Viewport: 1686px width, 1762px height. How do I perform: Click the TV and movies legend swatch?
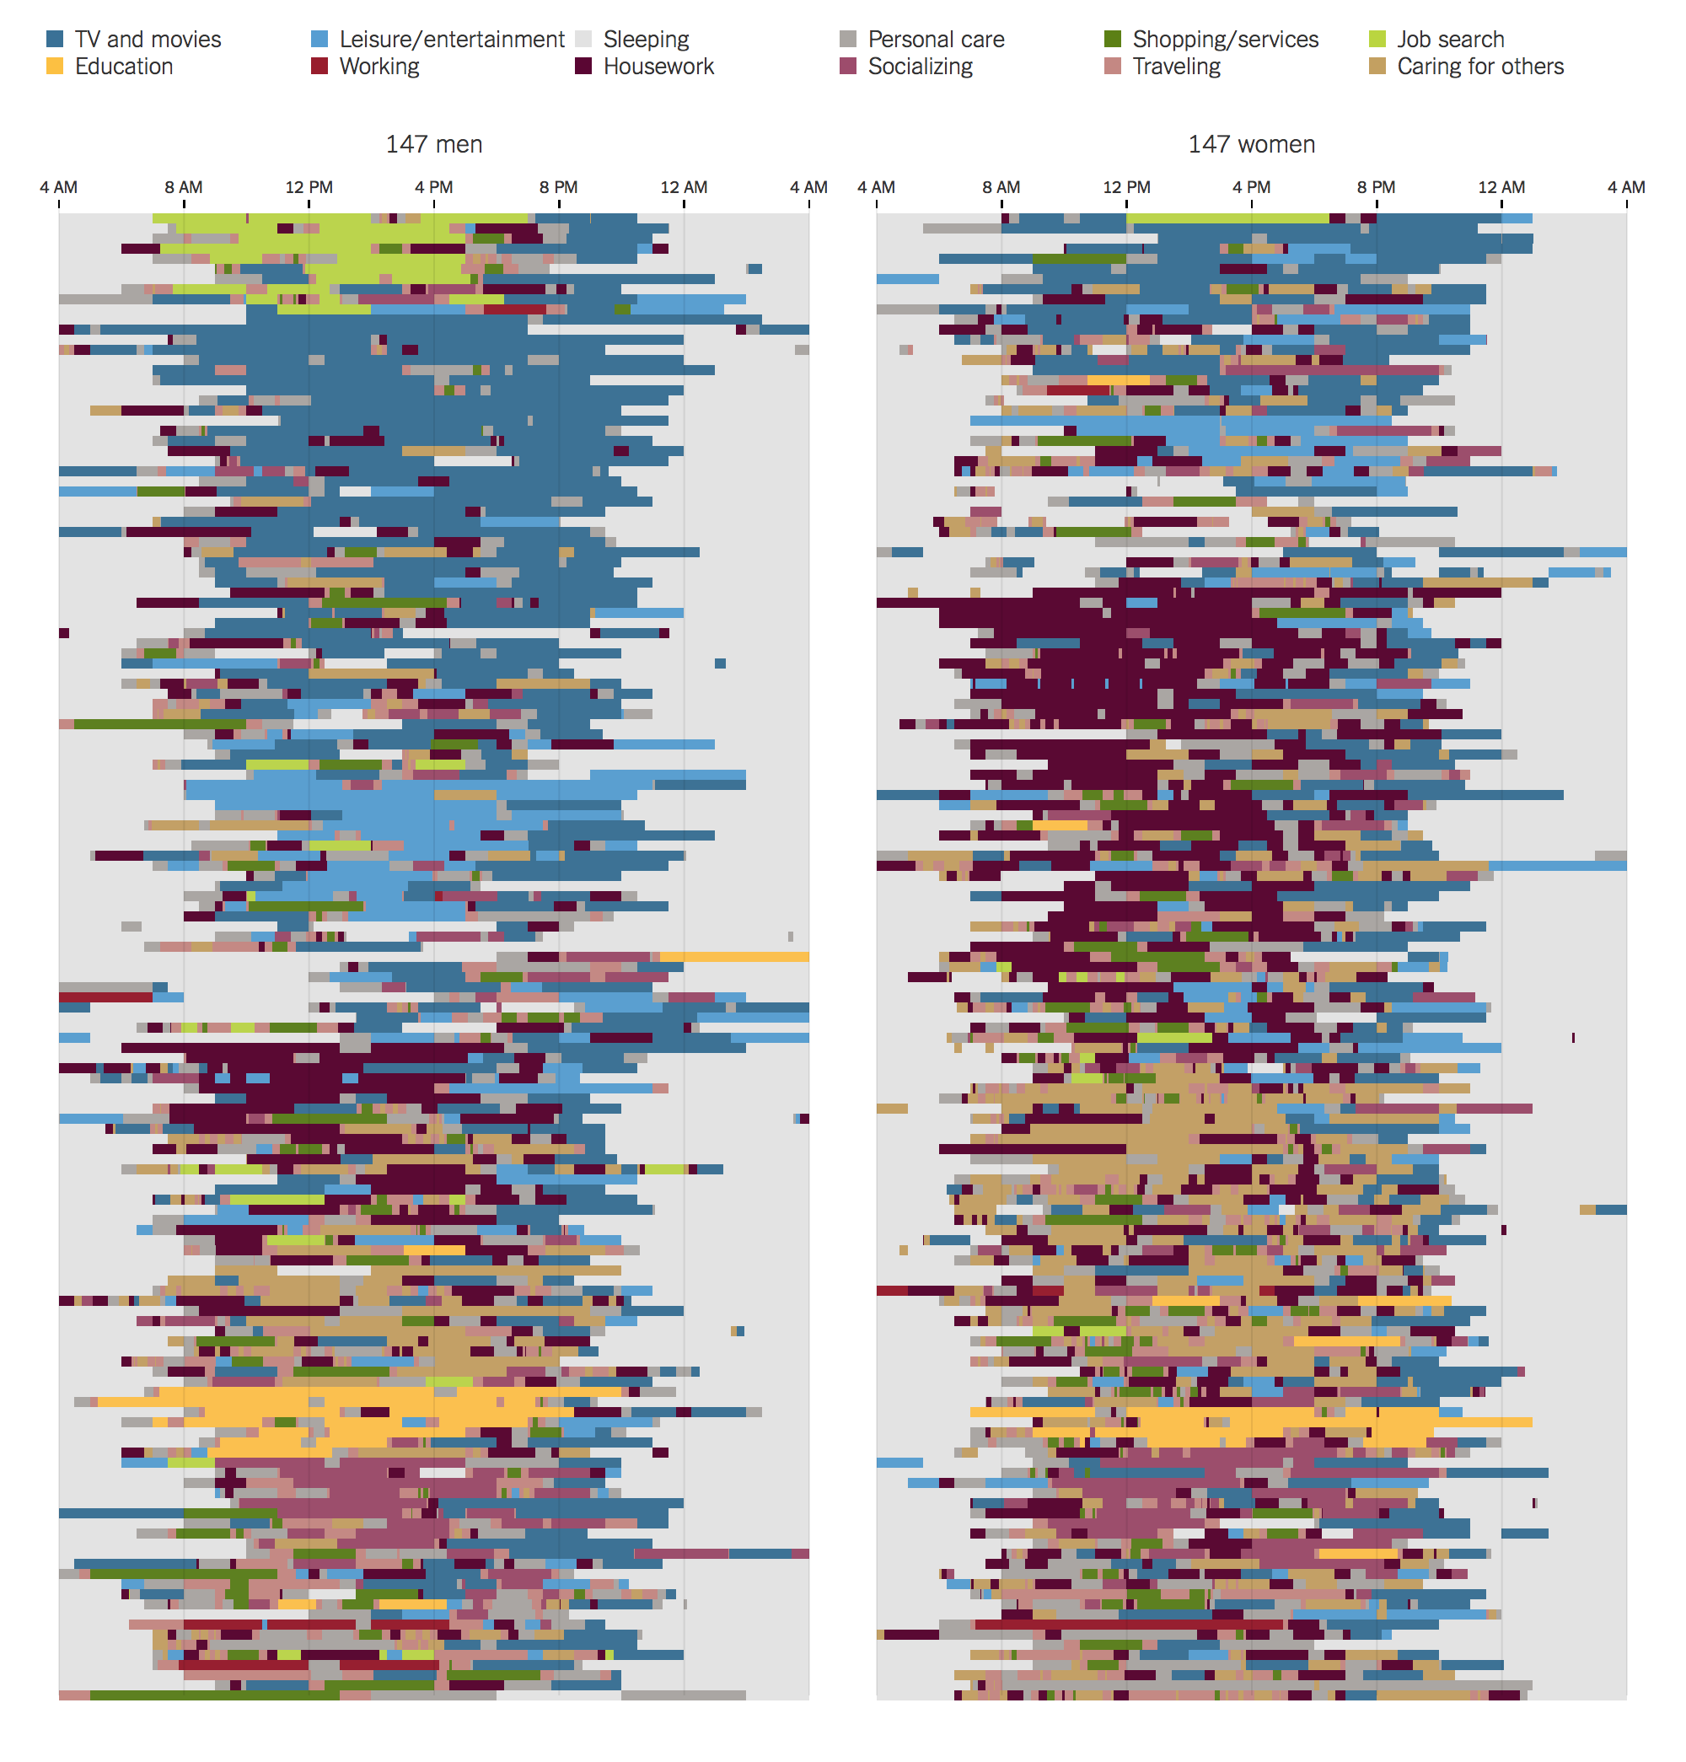pyautogui.click(x=55, y=40)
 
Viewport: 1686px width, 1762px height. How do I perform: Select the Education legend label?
pyautogui.click(x=124, y=67)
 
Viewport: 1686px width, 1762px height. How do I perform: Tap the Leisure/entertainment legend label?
pyautogui.click(x=451, y=40)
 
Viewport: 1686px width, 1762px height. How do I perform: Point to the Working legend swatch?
pyautogui.click(x=319, y=67)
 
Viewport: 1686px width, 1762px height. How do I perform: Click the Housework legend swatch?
pyautogui.click(x=583, y=67)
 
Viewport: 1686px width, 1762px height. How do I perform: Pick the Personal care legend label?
pyautogui.click(x=936, y=40)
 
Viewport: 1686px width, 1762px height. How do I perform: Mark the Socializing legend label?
pyautogui.click(x=920, y=67)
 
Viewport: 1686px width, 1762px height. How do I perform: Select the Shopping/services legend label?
pyautogui.click(x=1225, y=40)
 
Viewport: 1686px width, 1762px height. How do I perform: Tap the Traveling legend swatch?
pyautogui.click(x=1112, y=67)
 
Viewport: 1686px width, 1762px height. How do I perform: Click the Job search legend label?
pyautogui.click(x=1450, y=40)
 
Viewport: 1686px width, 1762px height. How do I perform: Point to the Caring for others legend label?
pyautogui.click(x=1479, y=67)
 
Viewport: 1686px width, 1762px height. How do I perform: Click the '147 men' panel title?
pyautogui.click(x=434, y=144)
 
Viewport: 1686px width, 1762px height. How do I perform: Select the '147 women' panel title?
pyautogui.click(x=1251, y=144)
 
